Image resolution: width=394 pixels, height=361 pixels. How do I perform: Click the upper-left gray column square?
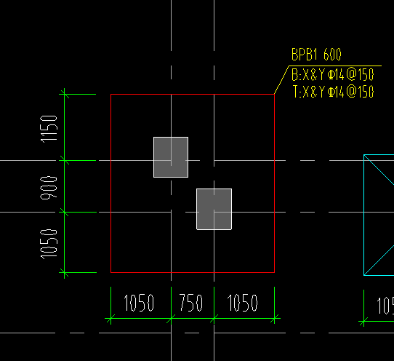click(x=171, y=157)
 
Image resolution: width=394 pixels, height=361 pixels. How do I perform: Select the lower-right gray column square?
click(x=214, y=209)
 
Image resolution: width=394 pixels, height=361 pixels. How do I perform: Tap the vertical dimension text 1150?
click(x=49, y=129)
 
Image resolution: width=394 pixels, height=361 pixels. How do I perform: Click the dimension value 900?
click(x=49, y=188)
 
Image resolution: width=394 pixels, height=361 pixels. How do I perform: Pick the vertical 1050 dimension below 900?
click(x=49, y=244)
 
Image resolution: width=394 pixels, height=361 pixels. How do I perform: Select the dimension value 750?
click(x=191, y=303)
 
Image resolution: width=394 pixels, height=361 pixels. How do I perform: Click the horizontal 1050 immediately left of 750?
click(x=139, y=303)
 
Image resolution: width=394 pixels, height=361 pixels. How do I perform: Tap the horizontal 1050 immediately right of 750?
click(x=243, y=303)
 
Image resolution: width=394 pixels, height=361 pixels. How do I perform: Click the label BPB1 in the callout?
click(x=305, y=55)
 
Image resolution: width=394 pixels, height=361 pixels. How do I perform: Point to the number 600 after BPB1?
click(x=332, y=55)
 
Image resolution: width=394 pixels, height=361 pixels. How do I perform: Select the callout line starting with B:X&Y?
click(x=333, y=75)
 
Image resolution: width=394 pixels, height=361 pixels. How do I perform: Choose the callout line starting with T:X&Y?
click(x=333, y=92)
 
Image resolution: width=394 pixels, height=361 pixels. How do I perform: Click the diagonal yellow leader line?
click(x=281, y=80)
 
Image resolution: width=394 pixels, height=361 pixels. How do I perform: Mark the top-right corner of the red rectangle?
click(x=274, y=95)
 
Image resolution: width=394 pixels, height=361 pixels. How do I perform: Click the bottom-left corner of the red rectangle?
click(x=110, y=272)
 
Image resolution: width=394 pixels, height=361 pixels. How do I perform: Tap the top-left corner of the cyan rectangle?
click(x=364, y=155)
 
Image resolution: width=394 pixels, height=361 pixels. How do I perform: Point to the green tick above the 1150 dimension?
click(x=64, y=95)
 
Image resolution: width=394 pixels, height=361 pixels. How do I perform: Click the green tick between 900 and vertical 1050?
click(x=64, y=213)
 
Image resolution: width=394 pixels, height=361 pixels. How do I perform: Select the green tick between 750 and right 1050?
click(x=214, y=319)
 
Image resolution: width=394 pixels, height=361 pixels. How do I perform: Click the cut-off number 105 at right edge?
click(x=385, y=306)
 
